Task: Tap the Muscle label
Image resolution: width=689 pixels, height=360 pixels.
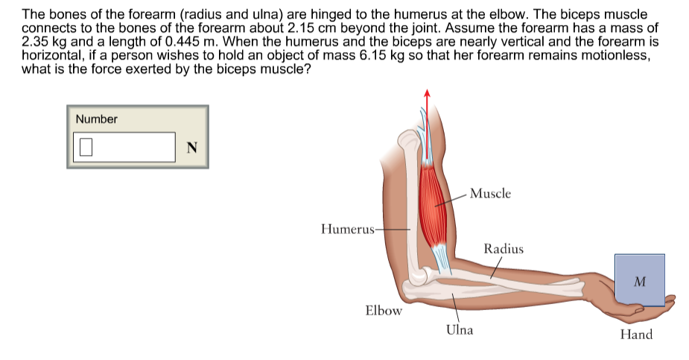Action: [491, 193]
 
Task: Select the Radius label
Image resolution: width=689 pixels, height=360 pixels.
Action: [504, 249]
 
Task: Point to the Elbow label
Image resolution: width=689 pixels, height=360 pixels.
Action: [384, 310]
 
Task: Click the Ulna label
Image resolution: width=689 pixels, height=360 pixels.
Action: [459, 329]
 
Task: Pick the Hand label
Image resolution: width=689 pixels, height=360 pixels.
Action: [636, 335]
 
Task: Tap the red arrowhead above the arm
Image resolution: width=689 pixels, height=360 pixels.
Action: [427, 94]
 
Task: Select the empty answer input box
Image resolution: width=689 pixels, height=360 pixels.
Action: [123, 147]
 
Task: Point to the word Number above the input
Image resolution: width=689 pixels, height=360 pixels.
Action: [97, 119]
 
